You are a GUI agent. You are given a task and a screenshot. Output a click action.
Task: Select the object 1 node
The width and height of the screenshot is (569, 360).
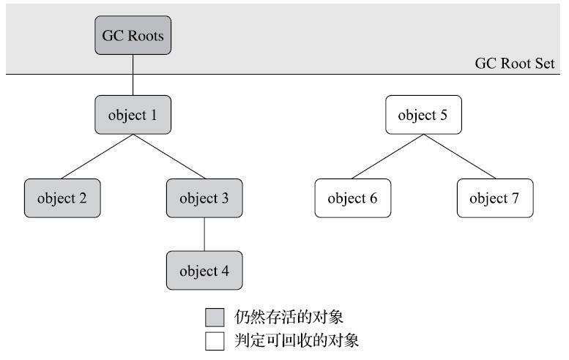click(x=132, y=115)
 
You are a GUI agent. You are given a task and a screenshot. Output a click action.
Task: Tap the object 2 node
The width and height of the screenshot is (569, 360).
click(x=62, y=198)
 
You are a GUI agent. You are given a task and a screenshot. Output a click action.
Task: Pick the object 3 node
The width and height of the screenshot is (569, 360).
click(x=204, y=198)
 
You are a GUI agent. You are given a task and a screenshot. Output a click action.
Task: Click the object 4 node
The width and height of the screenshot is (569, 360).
click(x=204, y=271)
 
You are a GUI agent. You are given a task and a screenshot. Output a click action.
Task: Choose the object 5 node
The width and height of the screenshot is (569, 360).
click(x=423, y=115)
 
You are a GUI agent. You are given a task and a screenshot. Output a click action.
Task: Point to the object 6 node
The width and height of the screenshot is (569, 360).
click(x=352, y=198)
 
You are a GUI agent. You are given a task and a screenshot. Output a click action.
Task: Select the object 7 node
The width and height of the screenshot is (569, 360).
click(x=494, y=198)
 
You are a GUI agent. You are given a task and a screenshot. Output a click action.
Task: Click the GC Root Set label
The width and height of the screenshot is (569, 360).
click(x=515, y=64)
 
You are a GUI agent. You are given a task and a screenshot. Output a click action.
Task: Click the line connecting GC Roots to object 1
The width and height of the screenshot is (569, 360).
click(x=132, y=75)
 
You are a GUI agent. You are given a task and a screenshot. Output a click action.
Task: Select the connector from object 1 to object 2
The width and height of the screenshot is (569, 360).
click(x=97, y=157)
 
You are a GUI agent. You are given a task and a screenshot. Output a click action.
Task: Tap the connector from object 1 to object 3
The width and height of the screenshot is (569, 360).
click(x=168, y=157)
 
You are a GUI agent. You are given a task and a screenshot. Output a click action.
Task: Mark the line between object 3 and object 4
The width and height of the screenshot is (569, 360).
click(x=204, y=234)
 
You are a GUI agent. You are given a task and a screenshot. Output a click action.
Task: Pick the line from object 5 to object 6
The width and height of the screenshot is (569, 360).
click(x=387, y=157)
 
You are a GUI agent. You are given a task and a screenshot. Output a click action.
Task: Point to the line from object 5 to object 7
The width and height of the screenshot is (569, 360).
click(x=459, y=157)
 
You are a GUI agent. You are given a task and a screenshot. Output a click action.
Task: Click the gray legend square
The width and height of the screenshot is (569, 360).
click(x=215, y=316)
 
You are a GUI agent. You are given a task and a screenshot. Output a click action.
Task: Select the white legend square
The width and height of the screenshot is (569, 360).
click(x=215, y=340)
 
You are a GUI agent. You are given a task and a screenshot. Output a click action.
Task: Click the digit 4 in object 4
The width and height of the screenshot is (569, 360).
click(x=224, y=271)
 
